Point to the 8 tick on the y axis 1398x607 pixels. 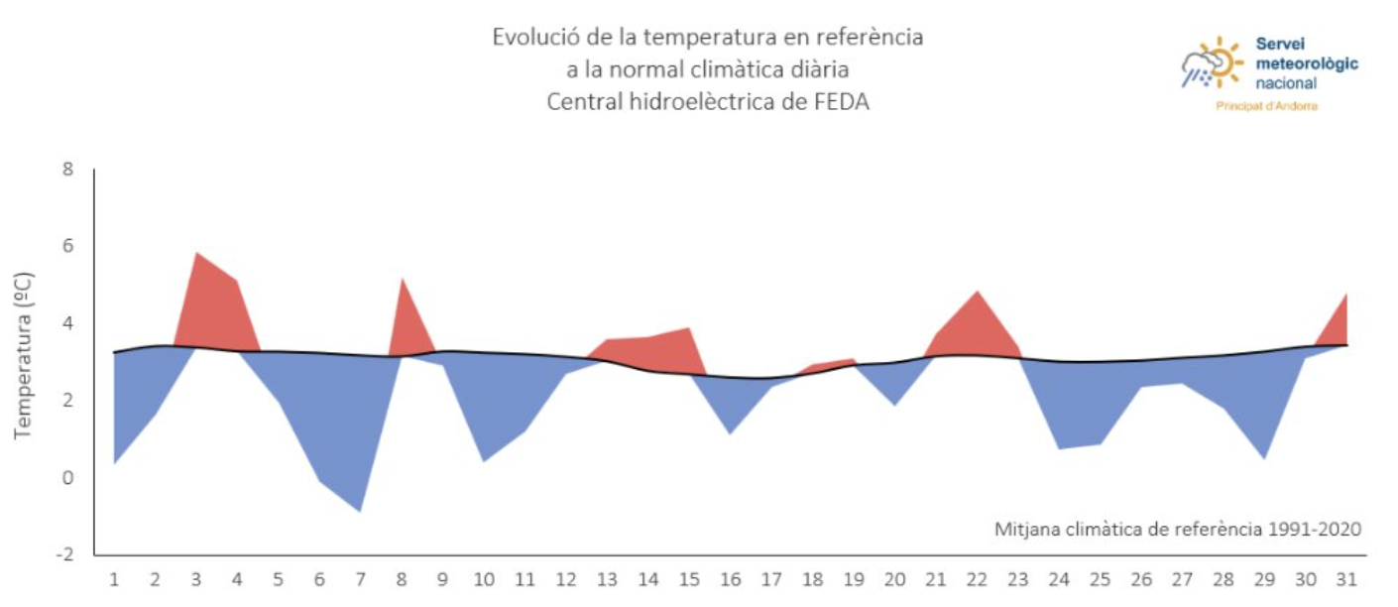(67, 169)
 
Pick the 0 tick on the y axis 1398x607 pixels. (67, 477)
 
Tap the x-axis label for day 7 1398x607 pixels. (361, 579)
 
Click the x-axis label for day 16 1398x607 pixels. (729, 579)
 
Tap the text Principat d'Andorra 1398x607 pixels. (1266, 106)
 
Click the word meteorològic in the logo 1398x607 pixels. (1307, 63)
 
